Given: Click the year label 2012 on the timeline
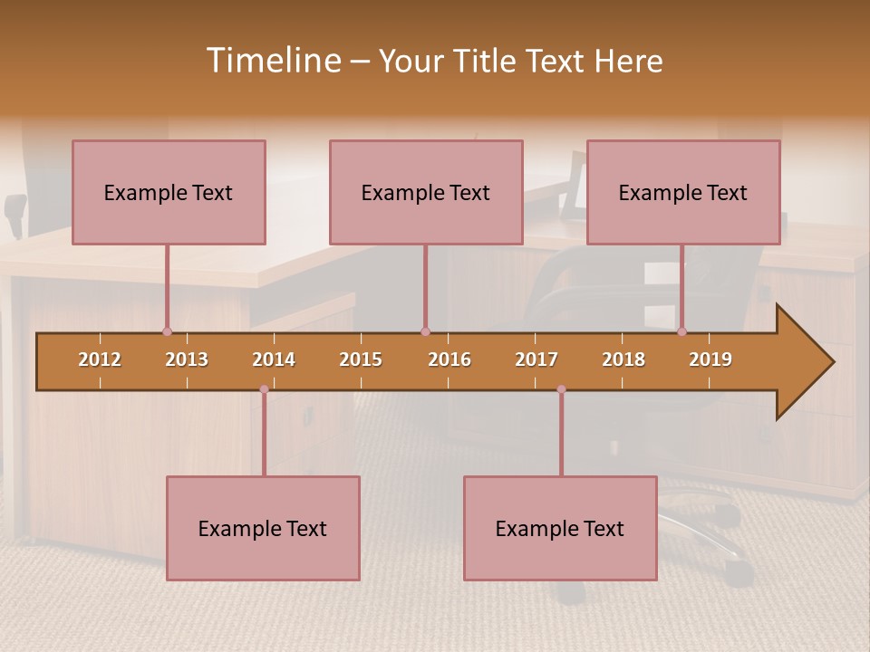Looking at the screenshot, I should [100, 360].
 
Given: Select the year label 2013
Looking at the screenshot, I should [187, 360].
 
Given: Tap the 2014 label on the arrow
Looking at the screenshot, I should [274, 360].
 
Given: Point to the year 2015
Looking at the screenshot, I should [361, 360].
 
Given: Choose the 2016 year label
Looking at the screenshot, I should [449, 360].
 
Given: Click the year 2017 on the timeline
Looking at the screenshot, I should [536, 360].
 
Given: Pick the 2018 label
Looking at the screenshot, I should [623, 360].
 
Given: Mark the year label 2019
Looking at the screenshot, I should [710, 360].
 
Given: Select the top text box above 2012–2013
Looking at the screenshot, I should [169, 192].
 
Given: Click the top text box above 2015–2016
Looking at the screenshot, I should [426, 192].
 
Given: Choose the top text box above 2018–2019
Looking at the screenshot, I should [683, 192].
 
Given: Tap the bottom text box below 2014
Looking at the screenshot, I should [263, 528].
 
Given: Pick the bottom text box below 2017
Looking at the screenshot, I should [560, 528].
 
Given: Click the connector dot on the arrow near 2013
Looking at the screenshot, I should [167, 331].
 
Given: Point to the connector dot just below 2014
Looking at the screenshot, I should [264, 389].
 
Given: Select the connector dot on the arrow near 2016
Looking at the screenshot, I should [425, 331].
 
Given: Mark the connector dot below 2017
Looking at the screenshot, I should [561, 389].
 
